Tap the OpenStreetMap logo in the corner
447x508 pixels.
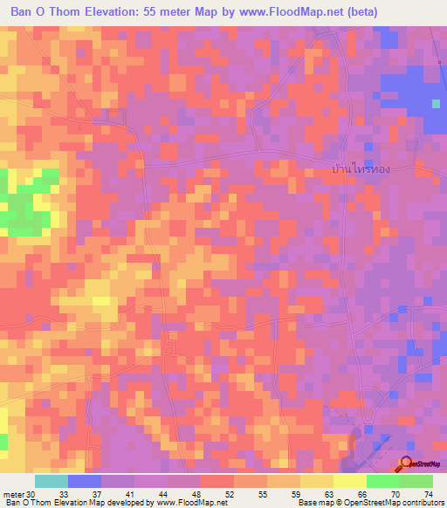(x=421, y=465)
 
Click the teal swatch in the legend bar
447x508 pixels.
(x=51, y=481)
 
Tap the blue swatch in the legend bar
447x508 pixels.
(x=84, y=481)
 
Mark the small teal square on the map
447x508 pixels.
(x=436, y=104)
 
